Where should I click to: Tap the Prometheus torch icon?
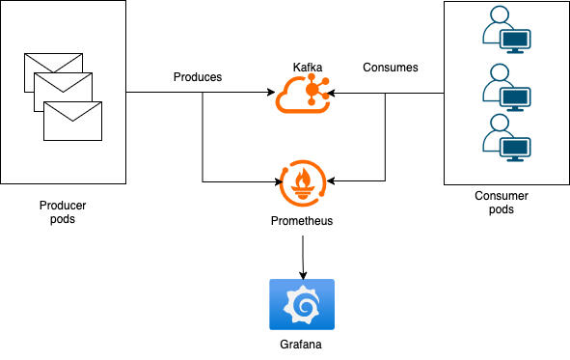tap(303, 183)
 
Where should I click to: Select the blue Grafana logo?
tap(302, 304)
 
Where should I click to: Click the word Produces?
tap(198, 77)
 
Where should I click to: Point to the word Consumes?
tap(391, 68)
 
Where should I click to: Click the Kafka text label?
tap(308, 68)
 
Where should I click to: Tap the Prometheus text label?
tap(302, 221)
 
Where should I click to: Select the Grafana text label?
tap(301, 345)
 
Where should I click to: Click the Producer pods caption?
tap(63, 212)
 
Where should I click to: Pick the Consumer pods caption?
tap(502, 203)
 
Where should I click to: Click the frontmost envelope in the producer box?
tap(72, 121)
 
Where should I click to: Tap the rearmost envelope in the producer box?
tap(53, 63)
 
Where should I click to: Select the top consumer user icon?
tap(506, 30)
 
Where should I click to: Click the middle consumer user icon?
tap(506, 87)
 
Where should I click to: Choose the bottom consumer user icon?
tap(506, 138)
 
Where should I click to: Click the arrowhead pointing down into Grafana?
tap(303, 275)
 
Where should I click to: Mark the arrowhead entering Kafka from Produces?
tap(271, 92)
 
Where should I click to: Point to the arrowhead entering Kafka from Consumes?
tap(331, 93)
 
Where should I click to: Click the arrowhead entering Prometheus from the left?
tap(279, 181)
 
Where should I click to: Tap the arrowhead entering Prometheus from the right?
tap(331, 180)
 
